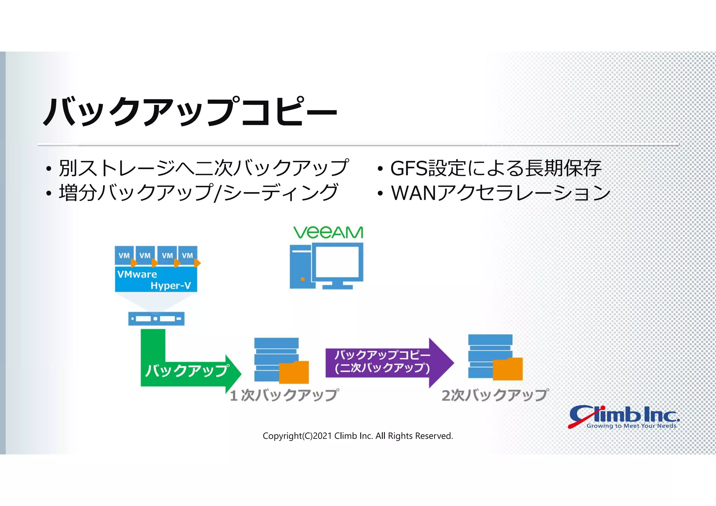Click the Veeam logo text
tap(328, 233)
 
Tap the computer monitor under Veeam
tap(338, 262)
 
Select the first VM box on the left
tap(124, 255)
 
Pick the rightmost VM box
tap(188, 255)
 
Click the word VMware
tap(137, 274)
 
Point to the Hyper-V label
tap(171, 286)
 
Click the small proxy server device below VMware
tap(156, 319)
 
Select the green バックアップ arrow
tap(187, 371)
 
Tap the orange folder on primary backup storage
tap(294, 373)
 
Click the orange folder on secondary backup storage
tap(508, 369)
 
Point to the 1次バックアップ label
tap(284, 395)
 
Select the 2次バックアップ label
tap(495, 395)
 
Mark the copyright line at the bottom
tap(358, 436)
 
